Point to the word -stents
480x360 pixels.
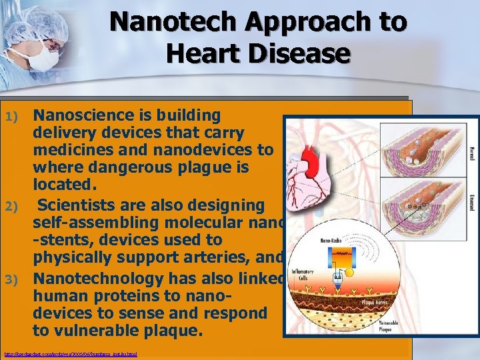point(62,240)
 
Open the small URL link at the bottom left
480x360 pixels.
point(70,354)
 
